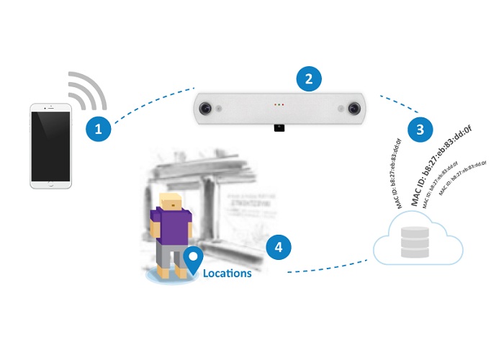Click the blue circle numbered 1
tap(99, 129)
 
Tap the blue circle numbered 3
tap(419, 130)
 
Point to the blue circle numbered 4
tap(278, 247)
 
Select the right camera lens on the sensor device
tap(354, 107)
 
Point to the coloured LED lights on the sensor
tap(279, 105)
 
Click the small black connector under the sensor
tap(279, 127)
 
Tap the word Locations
tap(227, 274)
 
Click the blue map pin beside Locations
tap(193, 261)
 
